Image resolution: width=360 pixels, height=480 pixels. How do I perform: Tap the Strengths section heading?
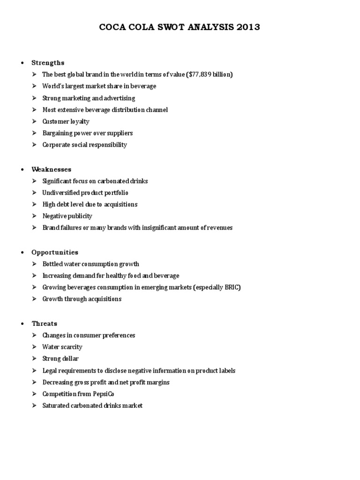point(48,63)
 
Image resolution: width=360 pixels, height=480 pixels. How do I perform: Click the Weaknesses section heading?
point(51,169)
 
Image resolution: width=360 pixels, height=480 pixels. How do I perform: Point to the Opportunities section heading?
point(55,252)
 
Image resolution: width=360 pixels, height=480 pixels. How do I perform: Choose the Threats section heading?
point(45,323)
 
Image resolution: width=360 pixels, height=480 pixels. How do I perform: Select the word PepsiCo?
point(103,394)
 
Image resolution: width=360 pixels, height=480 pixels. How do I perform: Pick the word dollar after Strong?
point(70,359)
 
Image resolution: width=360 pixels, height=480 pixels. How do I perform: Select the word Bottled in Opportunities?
point(52,264)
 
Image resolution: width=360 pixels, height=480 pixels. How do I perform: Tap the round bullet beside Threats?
point(23,324)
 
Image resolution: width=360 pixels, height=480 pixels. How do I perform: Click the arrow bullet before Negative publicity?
point(35,216)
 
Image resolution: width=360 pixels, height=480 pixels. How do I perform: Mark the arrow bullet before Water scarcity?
point(35,347)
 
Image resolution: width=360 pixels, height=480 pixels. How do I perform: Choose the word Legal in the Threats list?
point(50,370)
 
